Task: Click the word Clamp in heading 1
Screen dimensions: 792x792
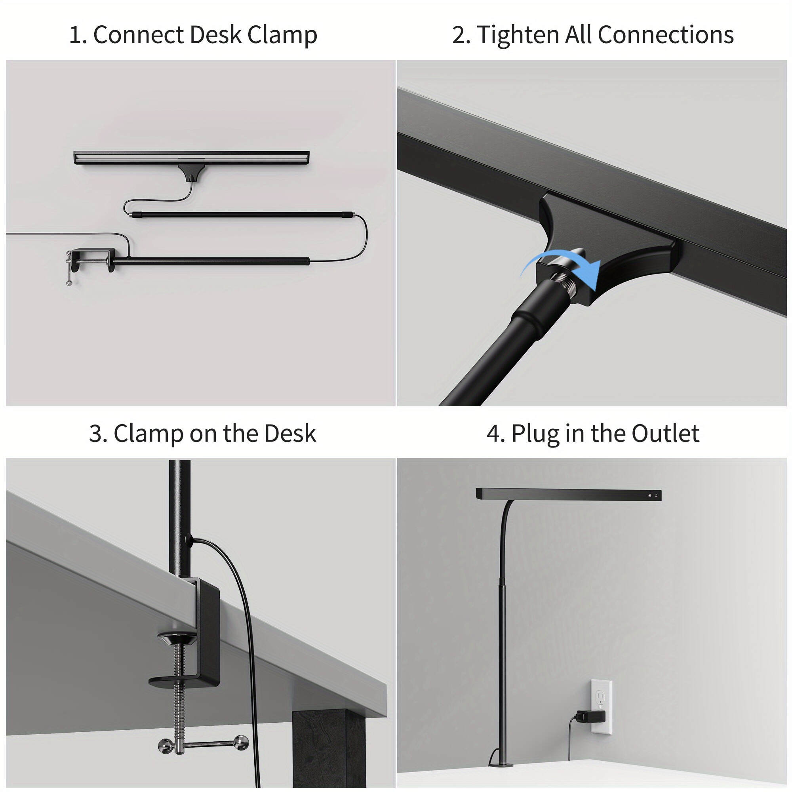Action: [x=282, y=35]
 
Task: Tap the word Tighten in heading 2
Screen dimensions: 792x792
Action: [x=517, y=35]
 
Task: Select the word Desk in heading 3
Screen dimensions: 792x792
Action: [x=290, y=434]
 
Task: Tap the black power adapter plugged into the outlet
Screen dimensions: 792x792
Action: [x=590, y=717]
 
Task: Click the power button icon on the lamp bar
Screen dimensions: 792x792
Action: [x=656, y=496]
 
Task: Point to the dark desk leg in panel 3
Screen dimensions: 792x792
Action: [x=328, y=750]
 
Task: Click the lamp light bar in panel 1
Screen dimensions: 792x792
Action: [x=191, y=158]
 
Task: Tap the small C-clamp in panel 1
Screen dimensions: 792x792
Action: [x=90, y=261]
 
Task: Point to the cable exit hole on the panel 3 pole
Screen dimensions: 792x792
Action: [x=188, y=539]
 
